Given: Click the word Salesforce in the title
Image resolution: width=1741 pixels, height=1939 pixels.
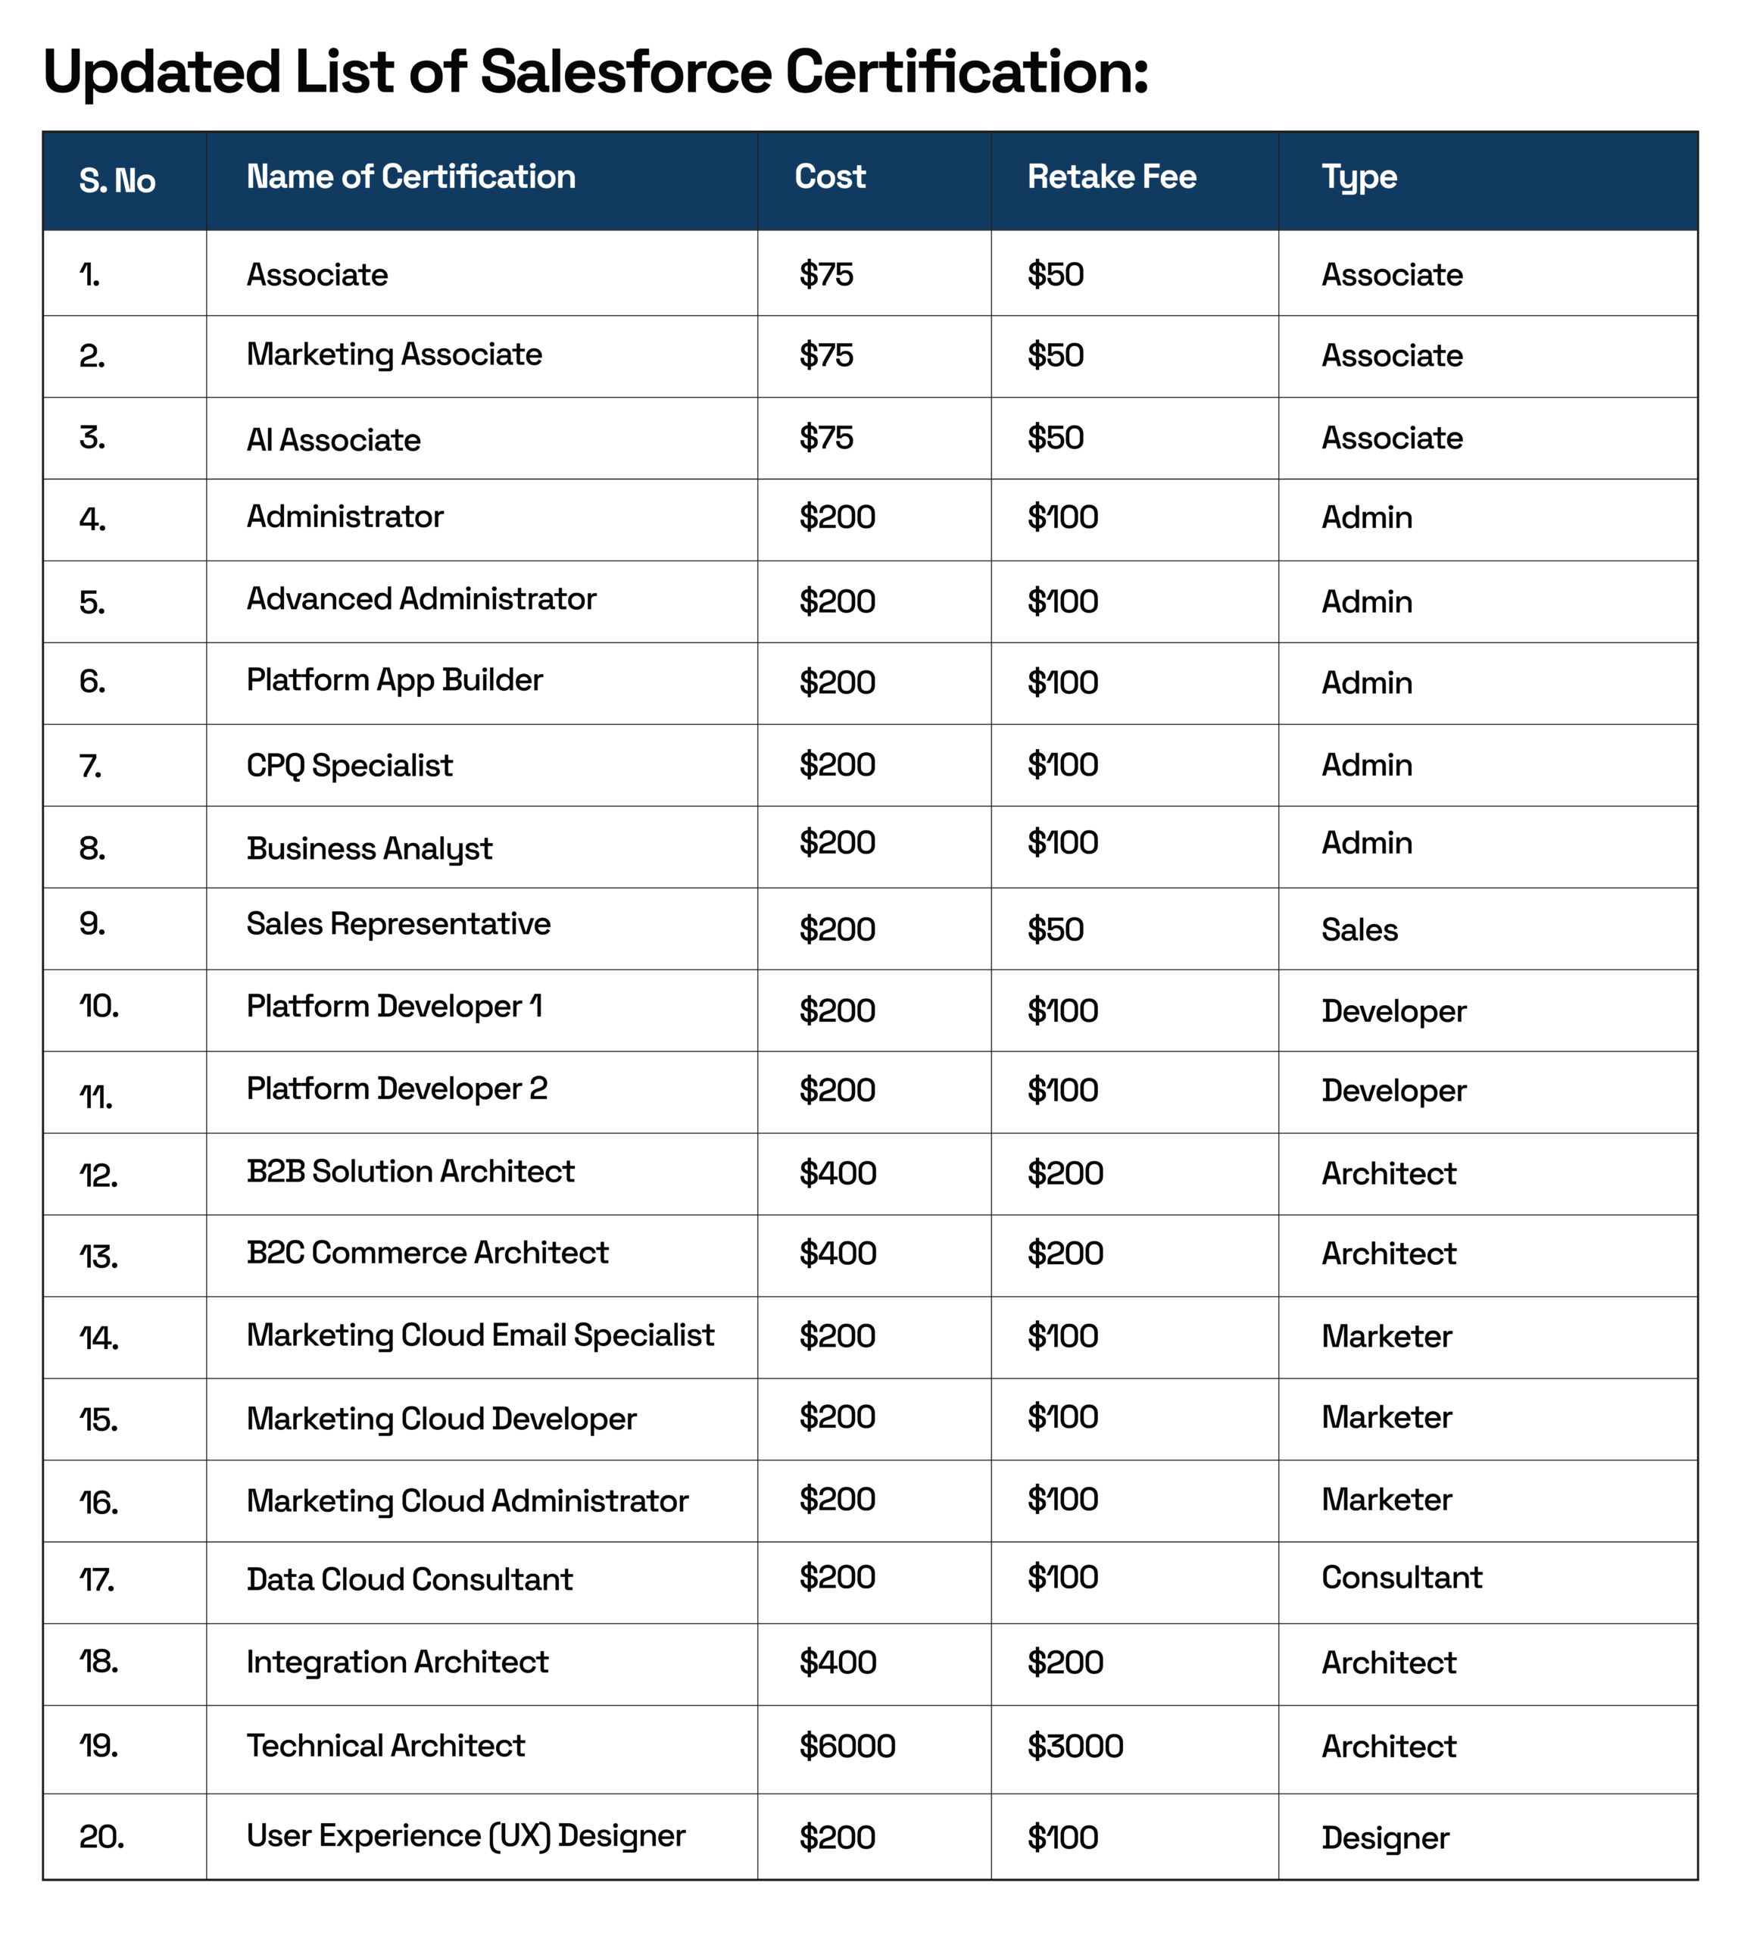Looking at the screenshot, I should point(625,72).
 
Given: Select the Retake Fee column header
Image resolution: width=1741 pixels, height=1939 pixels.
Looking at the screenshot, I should point(1112,177).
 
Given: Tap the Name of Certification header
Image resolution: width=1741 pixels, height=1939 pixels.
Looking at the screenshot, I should point(410,177).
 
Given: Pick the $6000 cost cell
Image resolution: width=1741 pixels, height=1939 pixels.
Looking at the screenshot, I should point(847,1746).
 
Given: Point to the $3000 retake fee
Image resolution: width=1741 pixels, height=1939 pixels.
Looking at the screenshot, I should point(1075,1746).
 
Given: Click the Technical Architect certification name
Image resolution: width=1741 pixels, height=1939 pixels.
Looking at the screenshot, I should point(385,1745).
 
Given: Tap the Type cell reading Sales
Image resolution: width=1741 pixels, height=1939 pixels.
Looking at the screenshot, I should point(1359,929).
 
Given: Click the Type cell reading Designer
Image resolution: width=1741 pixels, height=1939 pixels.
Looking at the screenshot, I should point(1385,1837).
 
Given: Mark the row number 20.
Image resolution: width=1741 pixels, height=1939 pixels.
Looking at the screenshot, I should point(101,1837).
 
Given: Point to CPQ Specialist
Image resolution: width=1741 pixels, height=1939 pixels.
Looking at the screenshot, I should point(349,765).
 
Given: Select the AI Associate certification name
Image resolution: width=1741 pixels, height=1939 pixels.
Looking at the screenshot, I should point(333,439).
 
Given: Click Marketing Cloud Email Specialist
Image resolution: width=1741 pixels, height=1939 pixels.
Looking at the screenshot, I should point(480,1335).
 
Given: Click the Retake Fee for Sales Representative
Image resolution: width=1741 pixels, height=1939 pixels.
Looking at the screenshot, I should point(1055,929).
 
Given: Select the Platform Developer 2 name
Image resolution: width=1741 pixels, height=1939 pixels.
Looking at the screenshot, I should point(397,1088).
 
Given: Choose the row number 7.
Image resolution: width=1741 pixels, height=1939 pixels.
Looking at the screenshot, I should point(91,767).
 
